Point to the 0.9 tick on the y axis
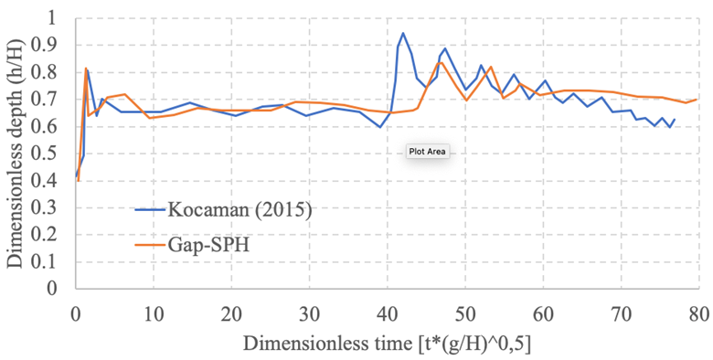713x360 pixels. coord(57,45)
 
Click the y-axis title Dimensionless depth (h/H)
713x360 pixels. coord(17,154)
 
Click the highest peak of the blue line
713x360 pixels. coord(403,33)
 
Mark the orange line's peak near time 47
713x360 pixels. coord(441,62)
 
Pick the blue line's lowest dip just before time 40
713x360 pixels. coord(380,127)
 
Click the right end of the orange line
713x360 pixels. coord(698,99)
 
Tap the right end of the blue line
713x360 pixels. coord(675,119)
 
